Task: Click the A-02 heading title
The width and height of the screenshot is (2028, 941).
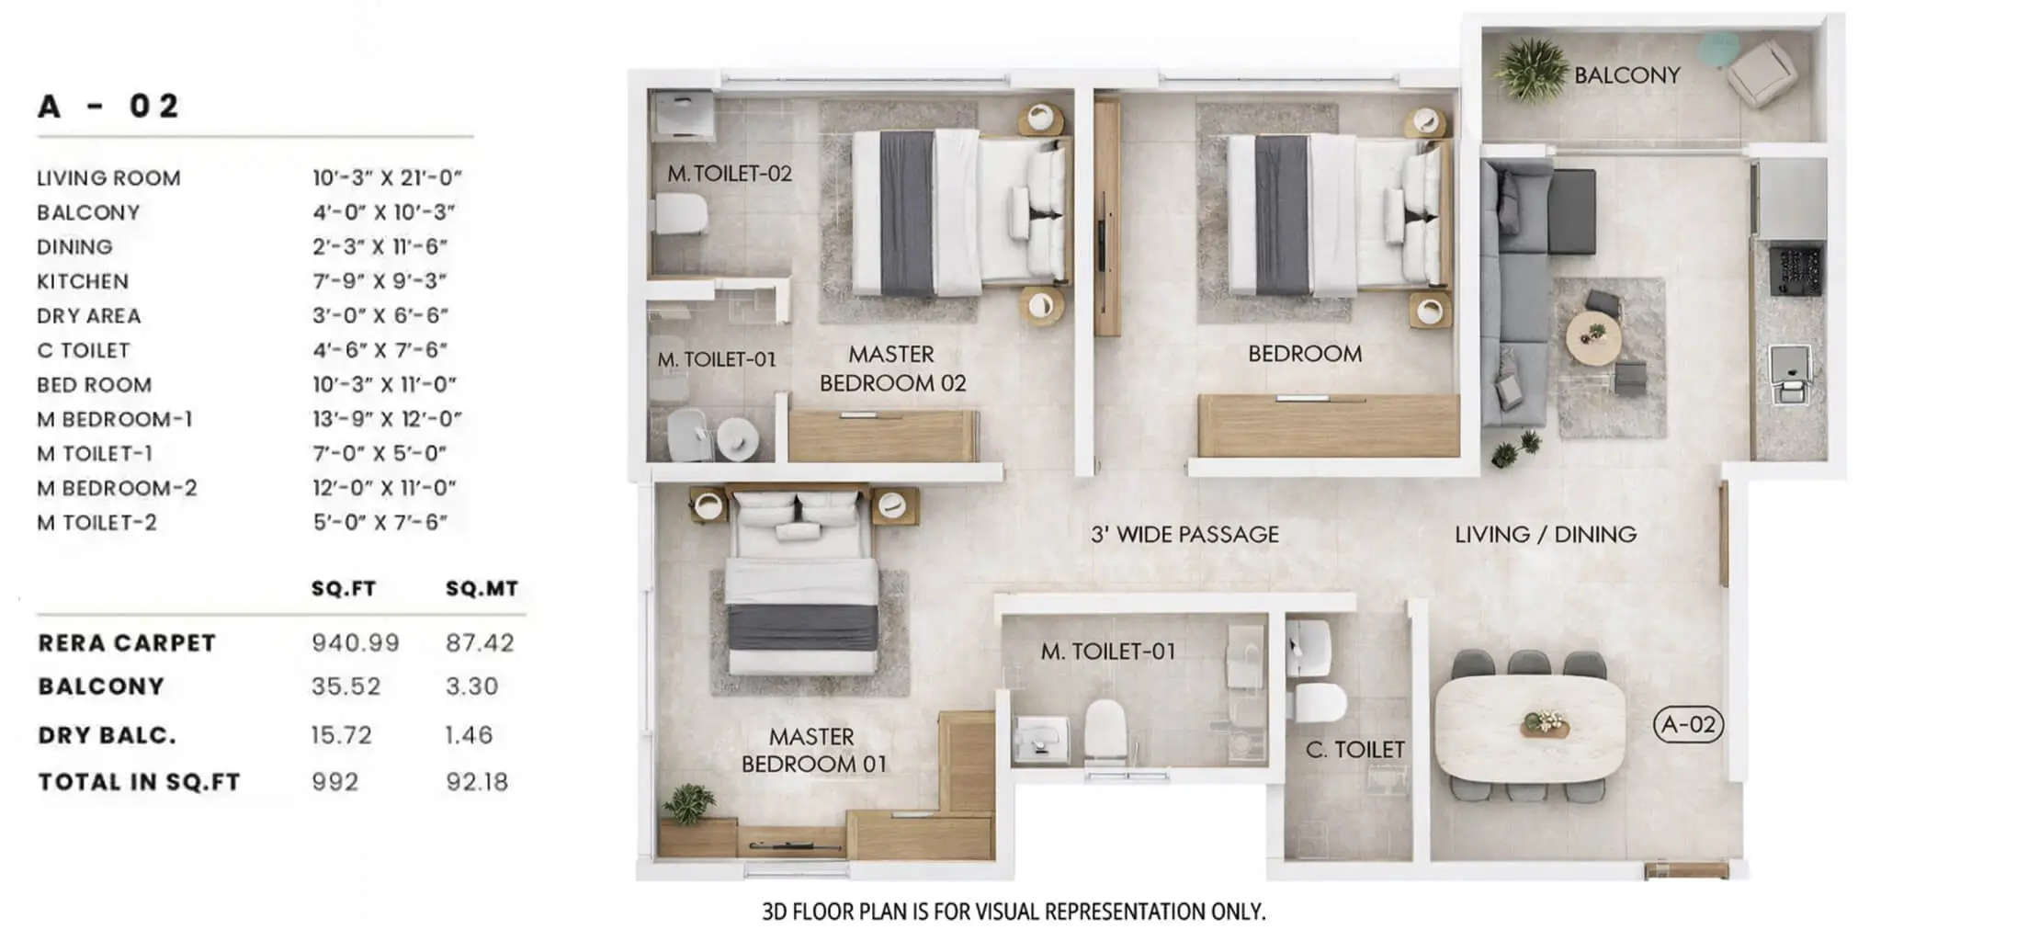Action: (x=108, y=106)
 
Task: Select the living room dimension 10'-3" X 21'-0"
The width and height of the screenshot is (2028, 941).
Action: (x=387, y=177)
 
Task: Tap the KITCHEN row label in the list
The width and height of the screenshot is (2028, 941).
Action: (x=83, y=281)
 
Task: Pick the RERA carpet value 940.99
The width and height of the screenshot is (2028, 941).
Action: (x=355, y=642)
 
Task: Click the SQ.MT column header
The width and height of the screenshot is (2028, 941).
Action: (x=482, y=588)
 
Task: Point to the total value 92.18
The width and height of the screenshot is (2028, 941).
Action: (x=476, y=782)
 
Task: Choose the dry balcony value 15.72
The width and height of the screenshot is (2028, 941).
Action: (x=341, y=735)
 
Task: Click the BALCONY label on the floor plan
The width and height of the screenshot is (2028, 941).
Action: (x=1626, y=75)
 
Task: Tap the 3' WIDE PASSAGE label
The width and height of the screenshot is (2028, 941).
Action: (x=1184, y=534)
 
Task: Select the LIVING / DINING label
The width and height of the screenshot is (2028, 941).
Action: (x=1546, y=534)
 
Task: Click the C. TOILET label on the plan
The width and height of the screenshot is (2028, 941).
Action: (x=1354, y=750)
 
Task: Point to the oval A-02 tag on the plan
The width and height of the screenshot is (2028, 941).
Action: (x=1688, y=724)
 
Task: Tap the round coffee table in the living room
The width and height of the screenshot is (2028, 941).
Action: (x=1593, y=337)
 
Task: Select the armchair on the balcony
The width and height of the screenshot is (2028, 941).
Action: (x=1762, y=71)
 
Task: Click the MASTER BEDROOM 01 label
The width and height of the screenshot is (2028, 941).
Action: (x=813, y=750)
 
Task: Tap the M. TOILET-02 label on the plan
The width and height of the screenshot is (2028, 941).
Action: (x=730, y=174)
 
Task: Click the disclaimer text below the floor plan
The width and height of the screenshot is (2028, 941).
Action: (x=1014, y=912)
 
